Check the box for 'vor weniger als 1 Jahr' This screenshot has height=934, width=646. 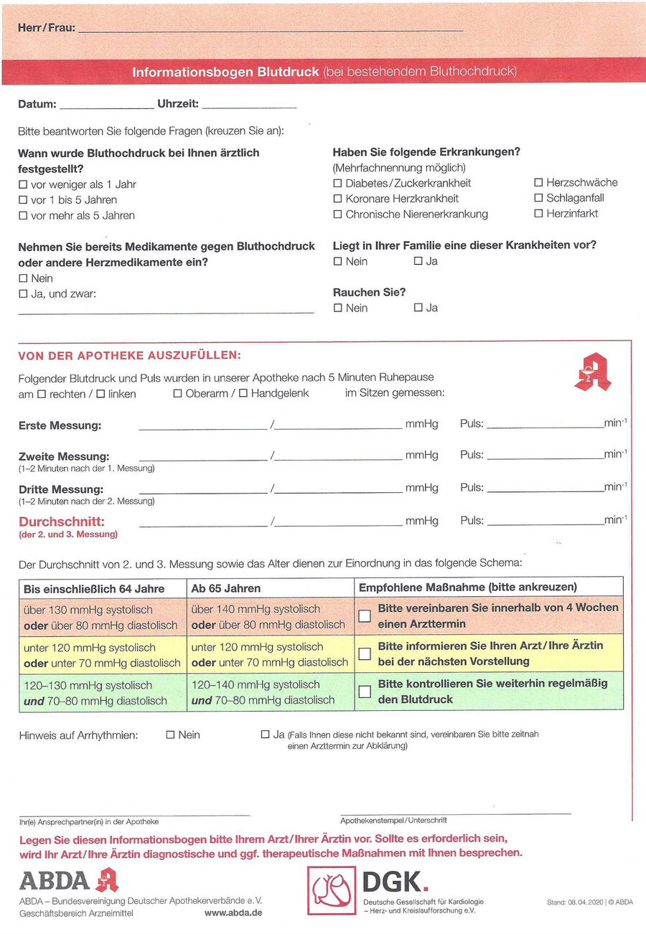click(23, 184)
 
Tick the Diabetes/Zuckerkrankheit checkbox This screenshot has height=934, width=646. click(338, 183)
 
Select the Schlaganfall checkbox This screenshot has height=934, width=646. click(538, 198)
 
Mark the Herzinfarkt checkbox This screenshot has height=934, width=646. click(538, 214)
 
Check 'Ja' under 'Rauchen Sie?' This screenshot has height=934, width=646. click(418, 308)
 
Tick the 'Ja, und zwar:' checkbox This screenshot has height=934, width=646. click(23, 293)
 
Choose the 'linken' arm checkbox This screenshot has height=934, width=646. click(100, 394)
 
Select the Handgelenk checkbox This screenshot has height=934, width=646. click(243, 393)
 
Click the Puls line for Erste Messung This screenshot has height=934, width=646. click(546, 425)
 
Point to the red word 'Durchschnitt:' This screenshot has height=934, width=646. click(62, 522)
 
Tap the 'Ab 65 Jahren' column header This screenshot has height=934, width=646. click(226, 588)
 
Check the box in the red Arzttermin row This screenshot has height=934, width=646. click(365, 615)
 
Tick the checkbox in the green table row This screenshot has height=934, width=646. click(365, 692)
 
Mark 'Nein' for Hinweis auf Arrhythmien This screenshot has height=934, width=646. click(171, 735)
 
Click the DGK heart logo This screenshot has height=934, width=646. click(331, 890)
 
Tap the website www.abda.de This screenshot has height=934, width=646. click(233, 913)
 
